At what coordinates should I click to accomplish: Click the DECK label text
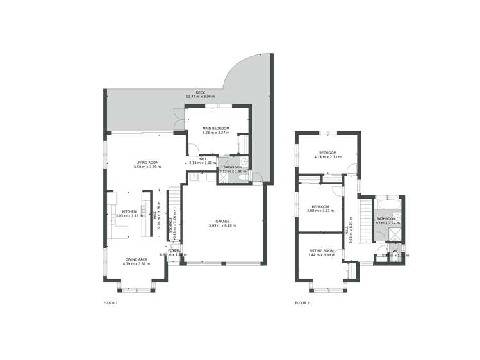[201, 92]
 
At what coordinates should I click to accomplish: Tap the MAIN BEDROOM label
[215, 129]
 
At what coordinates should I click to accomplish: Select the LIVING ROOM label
[147, 162]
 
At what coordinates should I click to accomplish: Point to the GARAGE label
[222, 221]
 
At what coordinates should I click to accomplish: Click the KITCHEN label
[129, 211]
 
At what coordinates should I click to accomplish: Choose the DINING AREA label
[136, 259]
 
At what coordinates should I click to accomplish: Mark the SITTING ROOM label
[322, 250]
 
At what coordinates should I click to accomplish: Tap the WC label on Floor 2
[395, 251]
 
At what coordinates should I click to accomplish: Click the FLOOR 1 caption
[111, 302]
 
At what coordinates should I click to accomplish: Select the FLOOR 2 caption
[302, 302]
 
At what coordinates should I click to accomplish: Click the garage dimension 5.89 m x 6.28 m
[222, 225]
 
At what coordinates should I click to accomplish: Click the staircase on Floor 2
[365, 221]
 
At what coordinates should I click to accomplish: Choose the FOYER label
[173, 250]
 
